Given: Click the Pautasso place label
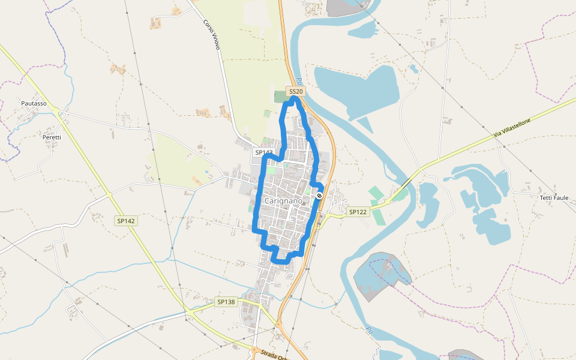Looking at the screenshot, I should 34,103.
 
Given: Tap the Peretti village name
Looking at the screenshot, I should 52,137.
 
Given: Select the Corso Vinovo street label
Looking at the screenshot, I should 212,35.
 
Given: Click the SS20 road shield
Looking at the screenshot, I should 296,91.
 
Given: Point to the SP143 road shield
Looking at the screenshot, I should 263,152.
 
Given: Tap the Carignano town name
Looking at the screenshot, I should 287,200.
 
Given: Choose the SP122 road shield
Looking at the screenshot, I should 358,212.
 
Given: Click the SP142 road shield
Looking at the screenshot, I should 127,221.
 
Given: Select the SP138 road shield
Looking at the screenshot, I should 226,302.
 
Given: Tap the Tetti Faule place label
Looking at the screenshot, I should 553,197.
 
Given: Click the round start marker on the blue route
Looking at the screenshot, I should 319,195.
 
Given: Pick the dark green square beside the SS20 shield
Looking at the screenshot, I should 280,96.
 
